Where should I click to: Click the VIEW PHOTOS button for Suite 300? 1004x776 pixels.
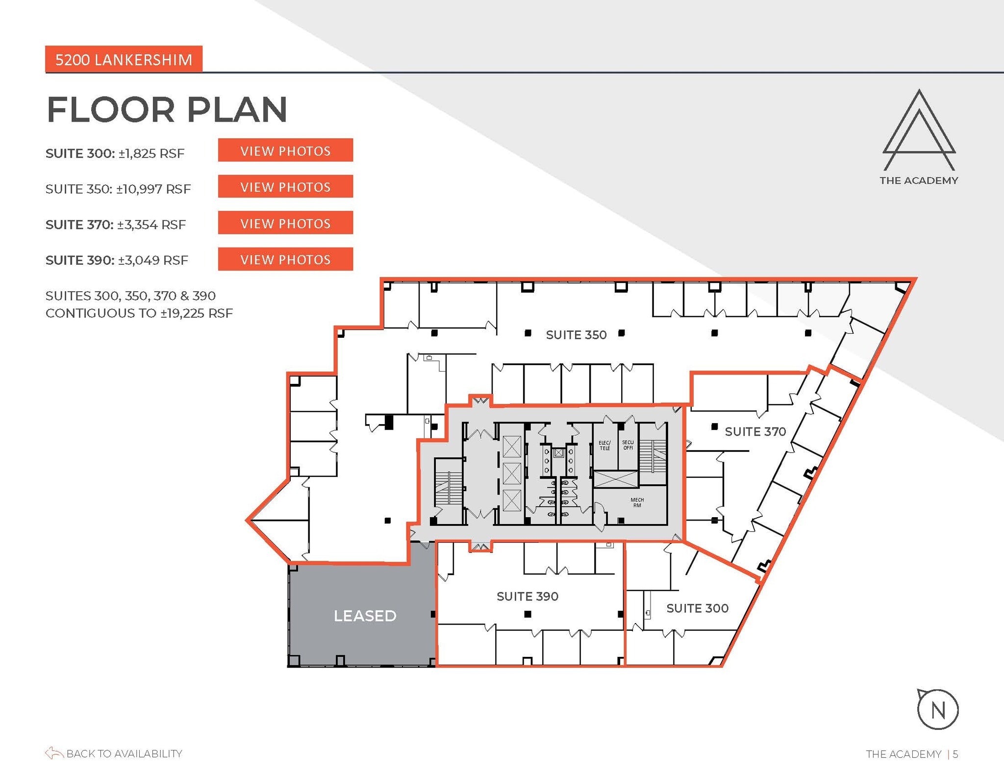285,150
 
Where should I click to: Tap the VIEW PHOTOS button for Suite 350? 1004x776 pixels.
285,187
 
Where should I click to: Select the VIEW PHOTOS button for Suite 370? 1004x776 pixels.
285,223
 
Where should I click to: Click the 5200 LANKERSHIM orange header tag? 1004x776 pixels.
124,59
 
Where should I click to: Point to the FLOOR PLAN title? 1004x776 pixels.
167,109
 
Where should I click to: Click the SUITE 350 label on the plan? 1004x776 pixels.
576,335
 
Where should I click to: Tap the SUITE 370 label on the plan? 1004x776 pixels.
755,431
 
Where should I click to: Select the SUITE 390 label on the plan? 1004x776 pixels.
527,596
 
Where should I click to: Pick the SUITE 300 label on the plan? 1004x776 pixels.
697,608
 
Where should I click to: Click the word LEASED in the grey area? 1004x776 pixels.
365,616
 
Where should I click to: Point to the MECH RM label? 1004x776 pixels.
637,502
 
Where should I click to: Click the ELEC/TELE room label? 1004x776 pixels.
604,445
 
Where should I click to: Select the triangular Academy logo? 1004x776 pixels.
919,130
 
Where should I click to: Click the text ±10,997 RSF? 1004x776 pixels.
153,189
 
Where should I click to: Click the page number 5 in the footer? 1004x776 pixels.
955,754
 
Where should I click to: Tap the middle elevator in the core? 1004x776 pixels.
511,473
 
